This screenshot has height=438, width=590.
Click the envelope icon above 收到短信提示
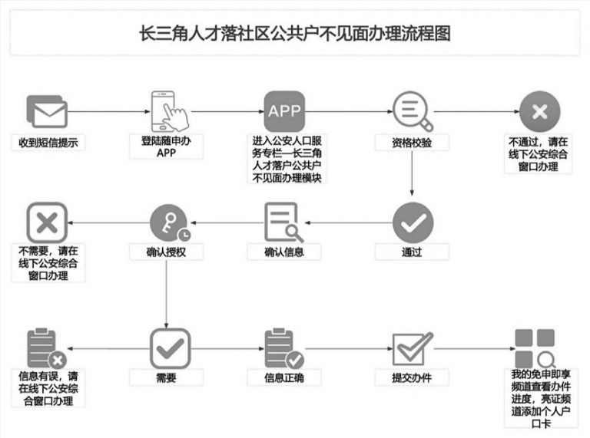tap(47, 111)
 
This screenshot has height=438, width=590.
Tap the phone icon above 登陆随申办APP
tap(169, 111)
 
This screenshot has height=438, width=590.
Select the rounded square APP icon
tap(284, 111)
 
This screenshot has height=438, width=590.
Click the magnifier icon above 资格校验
tap(413, 110)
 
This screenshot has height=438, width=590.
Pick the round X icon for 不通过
tap(539, 111)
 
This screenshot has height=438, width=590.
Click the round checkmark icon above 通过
tap(413, 222)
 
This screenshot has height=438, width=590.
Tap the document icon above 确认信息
tap(284, 222)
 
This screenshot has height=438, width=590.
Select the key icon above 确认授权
tap(170, 223)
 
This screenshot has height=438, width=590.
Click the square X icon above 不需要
tap(47, 222)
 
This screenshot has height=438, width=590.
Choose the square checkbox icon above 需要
tap(170, 348)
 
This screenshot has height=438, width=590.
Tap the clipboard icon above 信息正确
tap(284, 348)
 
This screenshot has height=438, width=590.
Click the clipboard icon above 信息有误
tap(47, 348)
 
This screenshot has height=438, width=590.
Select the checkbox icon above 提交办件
tap(413, 348)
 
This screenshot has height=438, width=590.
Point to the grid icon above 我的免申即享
tap(535, 348)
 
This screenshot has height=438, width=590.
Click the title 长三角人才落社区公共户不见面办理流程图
tap(295, 33)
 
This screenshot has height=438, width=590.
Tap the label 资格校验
tap(412, 143)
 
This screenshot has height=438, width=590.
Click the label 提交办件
tap(412, 378)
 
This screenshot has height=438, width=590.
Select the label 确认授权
tap(166, 252)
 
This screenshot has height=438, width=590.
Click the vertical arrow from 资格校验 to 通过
tap(412, 173)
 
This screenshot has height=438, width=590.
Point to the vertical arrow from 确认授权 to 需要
tap(166, 294)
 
